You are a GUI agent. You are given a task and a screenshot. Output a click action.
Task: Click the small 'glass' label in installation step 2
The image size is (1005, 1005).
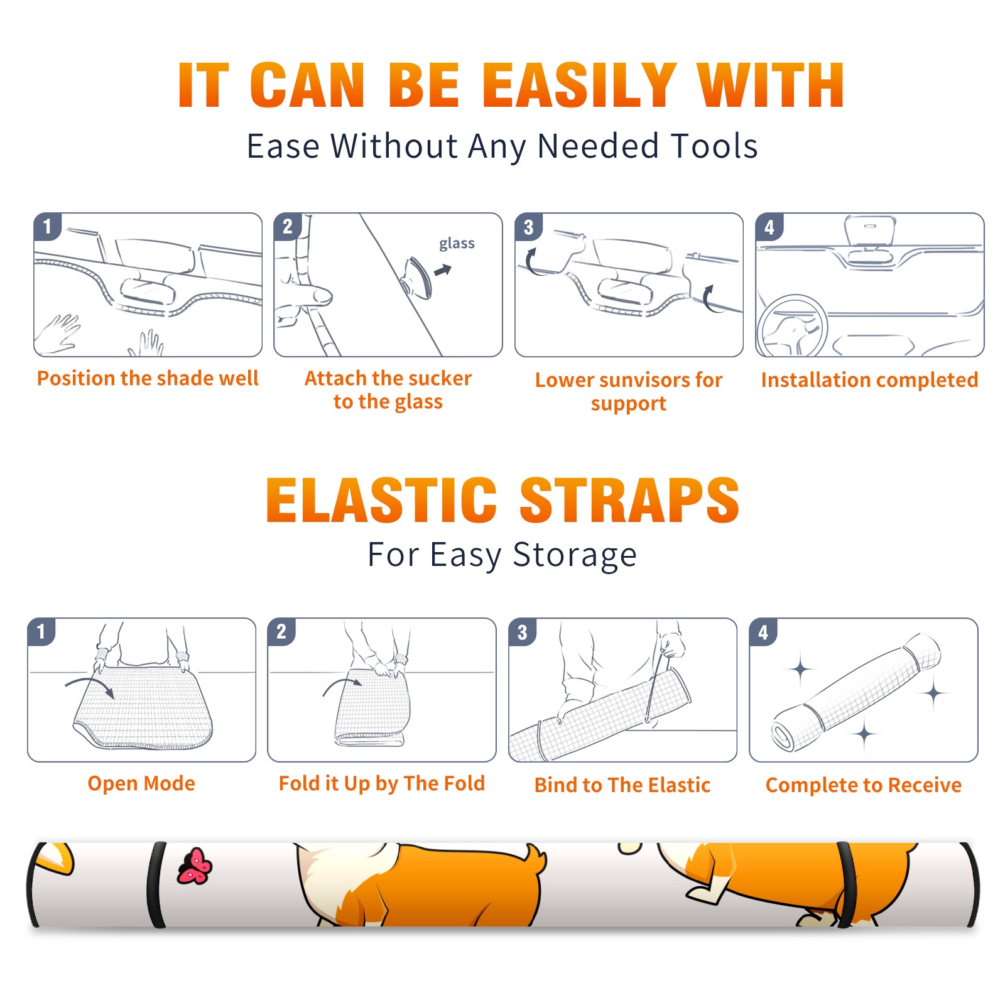coord(457,243)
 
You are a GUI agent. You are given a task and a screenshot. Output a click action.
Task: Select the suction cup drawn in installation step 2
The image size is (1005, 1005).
coord(418,277)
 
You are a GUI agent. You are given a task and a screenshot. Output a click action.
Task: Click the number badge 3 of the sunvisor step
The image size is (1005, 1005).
coord(528,227)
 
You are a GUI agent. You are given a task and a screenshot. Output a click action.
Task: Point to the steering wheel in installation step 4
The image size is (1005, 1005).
coord(792,327)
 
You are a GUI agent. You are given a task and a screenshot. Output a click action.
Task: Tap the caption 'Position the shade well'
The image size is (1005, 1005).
coord(148,378)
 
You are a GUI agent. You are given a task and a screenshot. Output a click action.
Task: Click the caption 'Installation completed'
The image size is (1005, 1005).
coord(869,380)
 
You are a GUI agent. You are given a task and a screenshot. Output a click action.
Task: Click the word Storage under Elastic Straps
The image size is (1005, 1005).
coord(575,555)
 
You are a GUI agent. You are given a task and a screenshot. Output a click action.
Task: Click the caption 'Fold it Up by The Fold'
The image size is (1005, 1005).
coord(382,783)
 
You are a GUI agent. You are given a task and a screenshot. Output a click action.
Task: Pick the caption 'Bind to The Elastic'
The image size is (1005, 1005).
coord(622,785)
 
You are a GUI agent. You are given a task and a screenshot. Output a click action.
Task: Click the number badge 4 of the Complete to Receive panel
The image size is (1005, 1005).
coord(763,632)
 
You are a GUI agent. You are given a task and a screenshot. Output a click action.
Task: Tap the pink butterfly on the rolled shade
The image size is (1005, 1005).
coord(195,866)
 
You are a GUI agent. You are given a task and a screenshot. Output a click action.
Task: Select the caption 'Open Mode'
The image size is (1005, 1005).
coord(141,783)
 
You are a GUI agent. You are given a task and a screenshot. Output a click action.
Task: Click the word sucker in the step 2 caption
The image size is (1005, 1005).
coord(439,378)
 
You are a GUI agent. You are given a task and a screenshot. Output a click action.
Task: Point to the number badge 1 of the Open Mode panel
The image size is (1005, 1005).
coord(41,631)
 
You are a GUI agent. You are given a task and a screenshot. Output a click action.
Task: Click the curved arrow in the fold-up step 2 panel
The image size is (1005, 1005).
coord(342,685)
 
